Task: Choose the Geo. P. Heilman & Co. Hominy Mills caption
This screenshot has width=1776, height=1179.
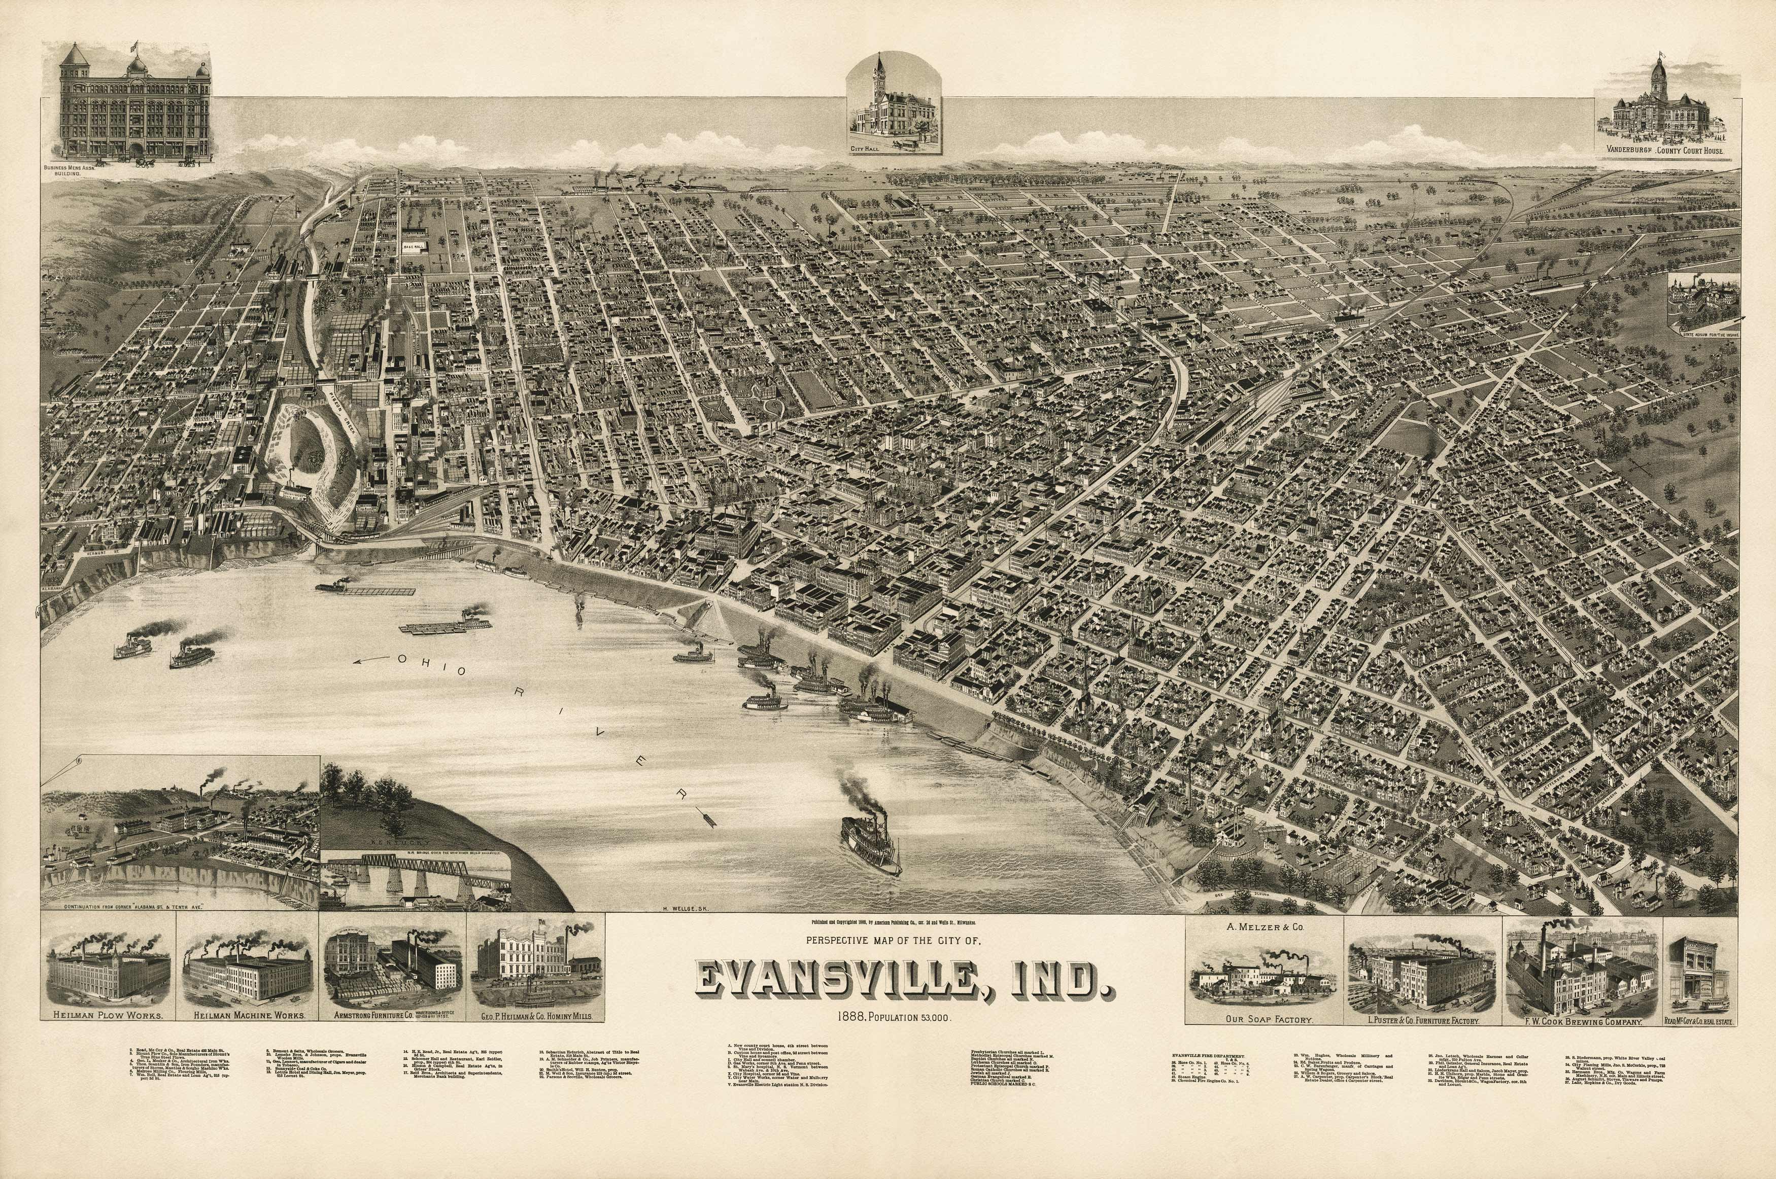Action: tap(534, 1015)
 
